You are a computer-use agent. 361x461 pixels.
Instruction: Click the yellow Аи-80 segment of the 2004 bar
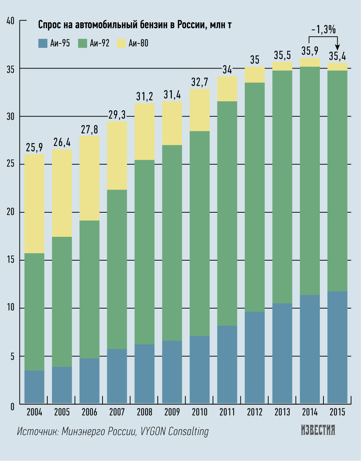click(x=34, y=204)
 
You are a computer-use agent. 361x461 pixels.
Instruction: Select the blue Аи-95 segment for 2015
click(x=337, y=347)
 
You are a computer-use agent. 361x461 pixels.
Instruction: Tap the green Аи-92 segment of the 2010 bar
click(x=200, y=233)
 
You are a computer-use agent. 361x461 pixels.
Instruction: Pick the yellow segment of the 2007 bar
click(x=117, y=155)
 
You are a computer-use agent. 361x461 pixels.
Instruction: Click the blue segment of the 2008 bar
click(x=144, y=374)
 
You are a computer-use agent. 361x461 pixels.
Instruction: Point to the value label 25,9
click(x=34, y=147)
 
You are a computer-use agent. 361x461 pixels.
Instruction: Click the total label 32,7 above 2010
click(x=200, y=82)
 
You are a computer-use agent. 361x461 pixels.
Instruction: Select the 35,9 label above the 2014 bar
click(x=310, y=51)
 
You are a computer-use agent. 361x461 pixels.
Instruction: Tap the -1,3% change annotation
click(x=323, y=30)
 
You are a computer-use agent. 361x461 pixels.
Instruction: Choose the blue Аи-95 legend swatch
click(x=43, y=43)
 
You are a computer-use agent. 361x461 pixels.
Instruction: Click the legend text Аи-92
click(x=99, y=43)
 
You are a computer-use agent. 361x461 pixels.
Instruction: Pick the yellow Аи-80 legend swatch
click(x=121, y=43)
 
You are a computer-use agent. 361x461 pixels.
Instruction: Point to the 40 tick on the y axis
click(x=10, y=21)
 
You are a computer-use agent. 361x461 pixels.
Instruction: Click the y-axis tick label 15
click(x=10, y=260)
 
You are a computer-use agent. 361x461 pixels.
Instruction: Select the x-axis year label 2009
click(x=172, y=412)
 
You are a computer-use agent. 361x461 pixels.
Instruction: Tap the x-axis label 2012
click(x=255, y=412)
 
